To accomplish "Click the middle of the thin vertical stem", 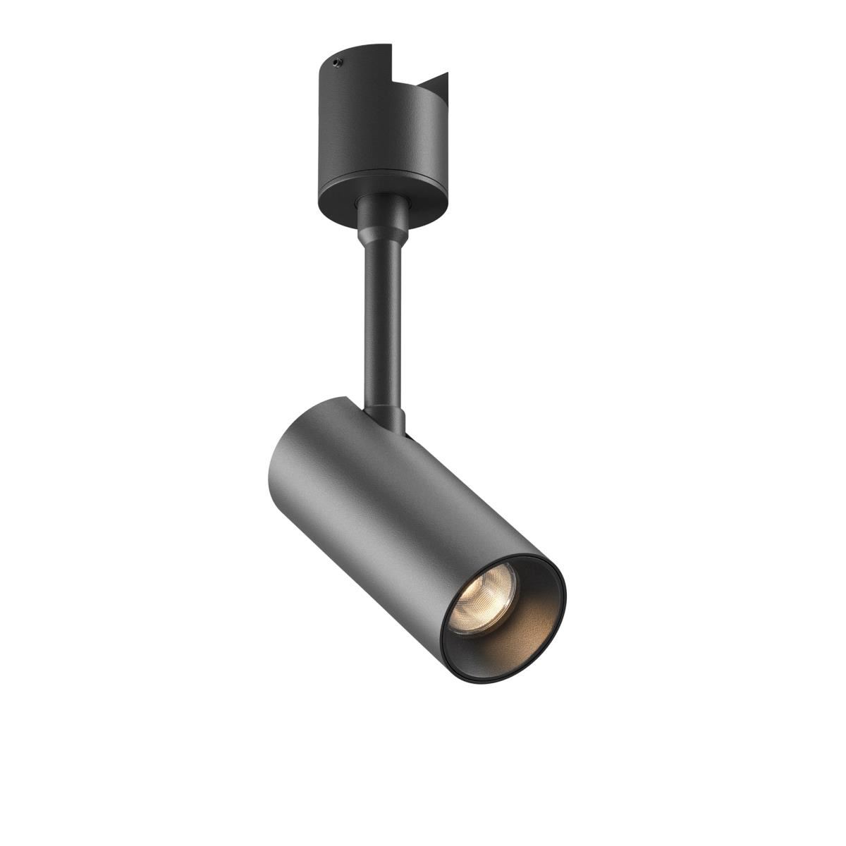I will pyautogui.click(x=384, y=317).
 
